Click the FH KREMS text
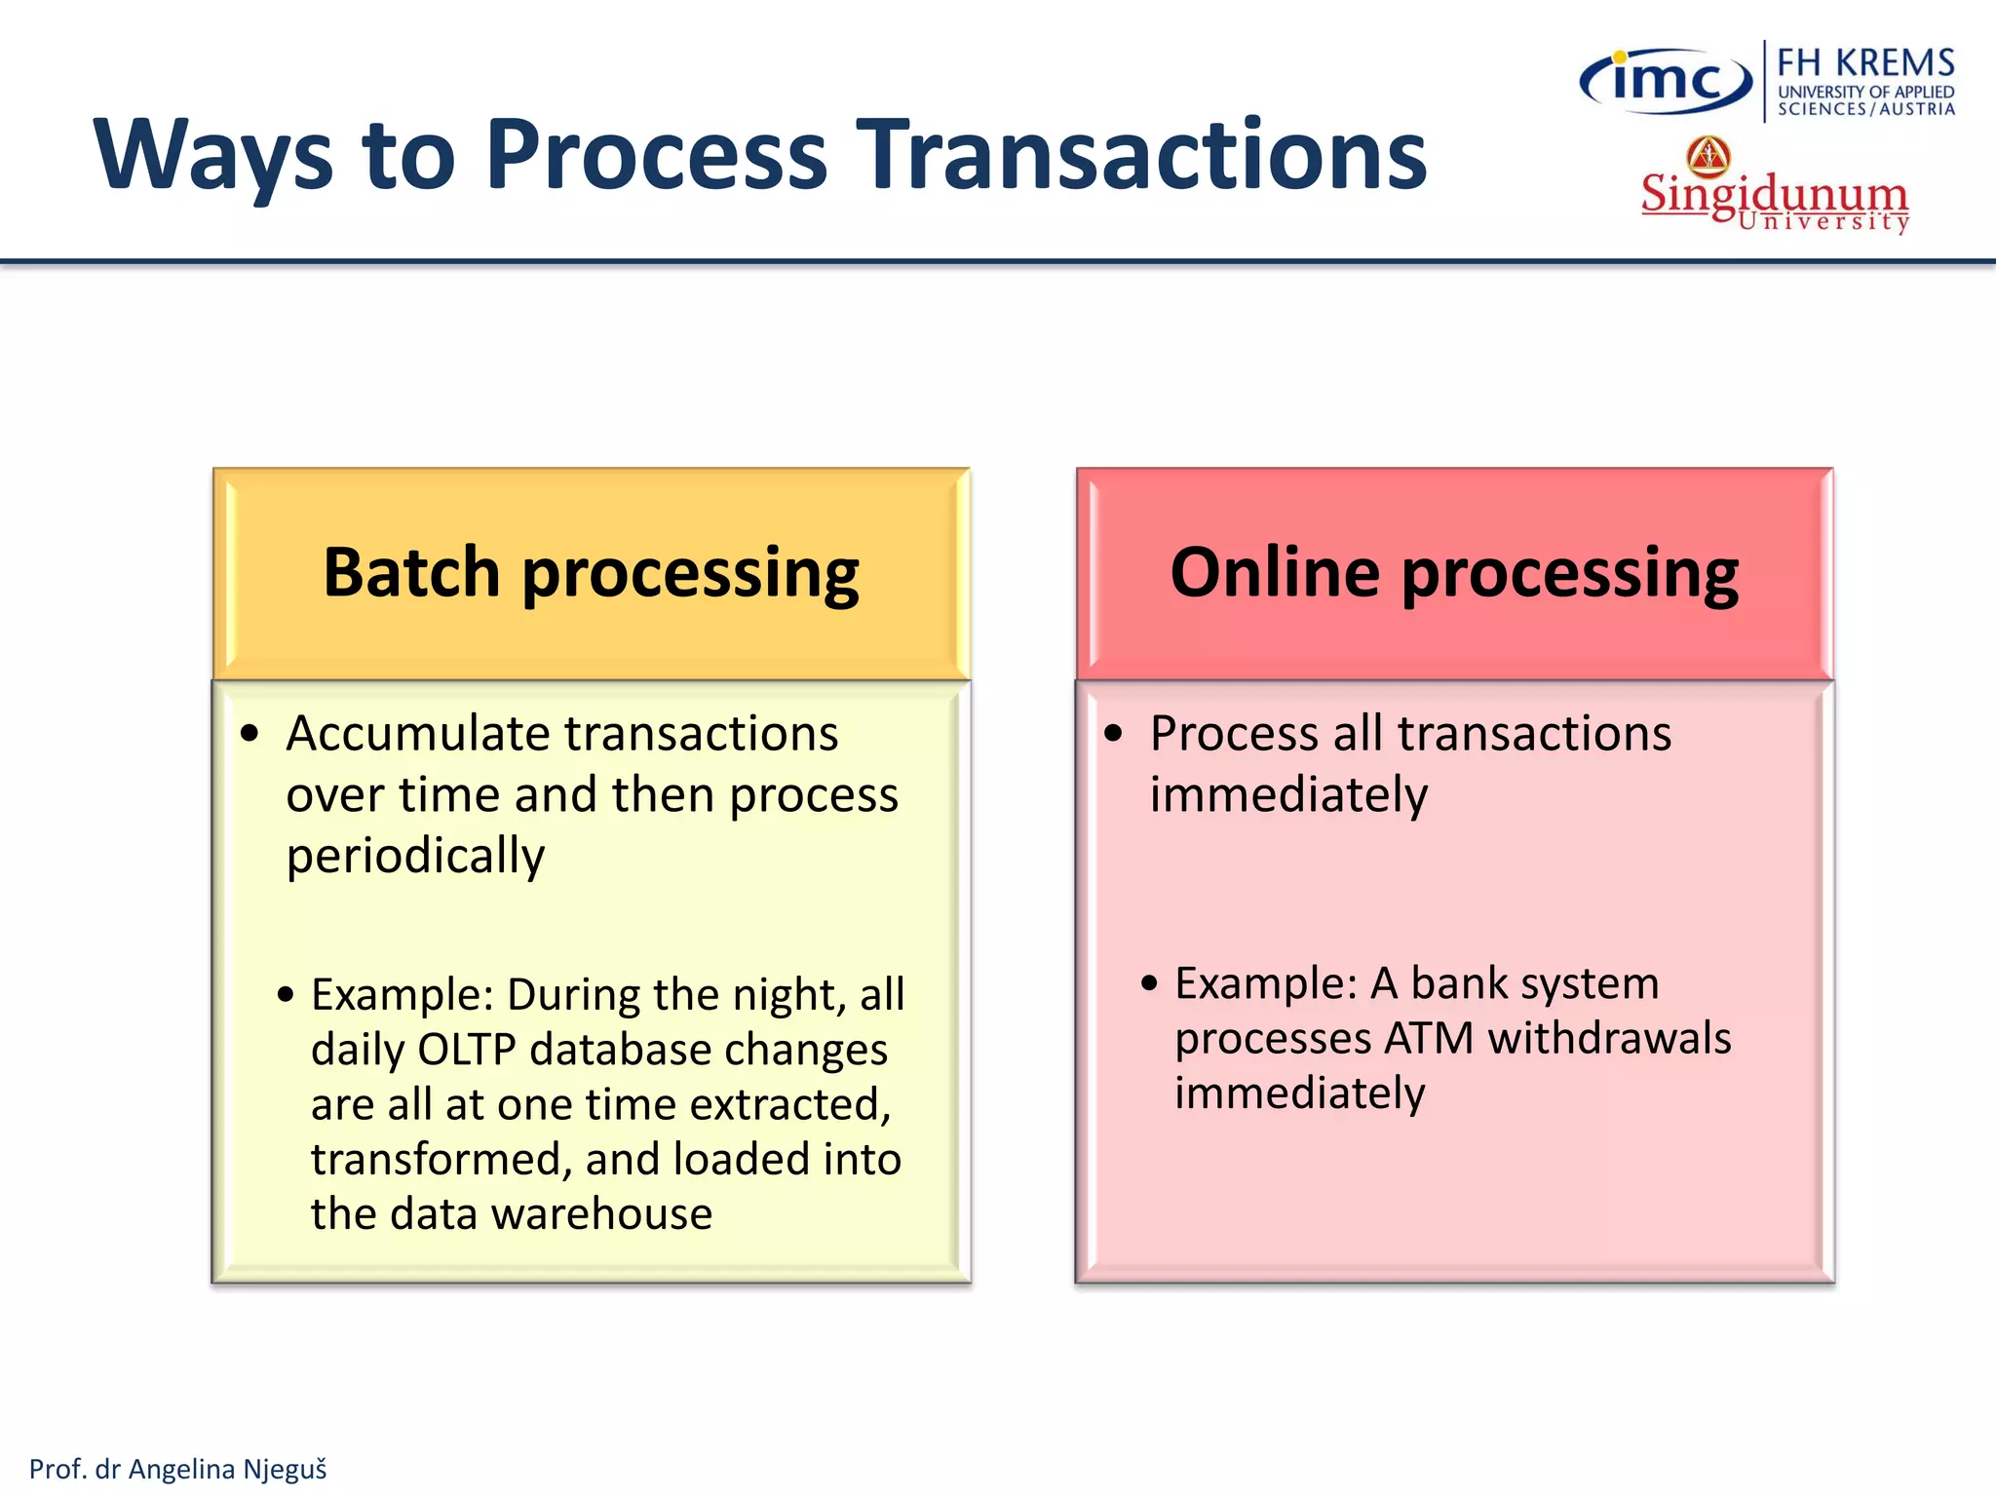click(x=1865, y=63)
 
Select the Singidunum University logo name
click(x=1774, y=195)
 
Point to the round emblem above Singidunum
click(x=1708, y=156)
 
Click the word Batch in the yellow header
click(x=411, y=572)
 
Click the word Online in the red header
click(x=1275, y=572)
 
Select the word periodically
click(x=415, y=857)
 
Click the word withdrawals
click(x=1610, y=1039)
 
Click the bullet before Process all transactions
click(x=1114, y=734)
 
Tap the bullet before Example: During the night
click(x=286, y=995)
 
